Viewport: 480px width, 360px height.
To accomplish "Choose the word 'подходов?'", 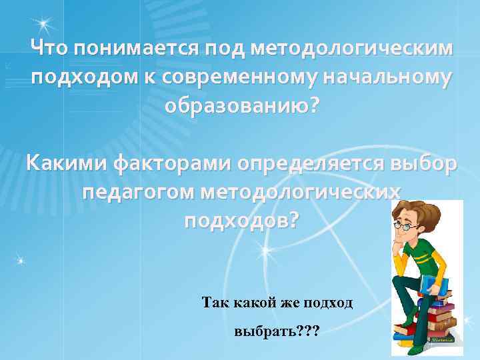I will tap(241, 220).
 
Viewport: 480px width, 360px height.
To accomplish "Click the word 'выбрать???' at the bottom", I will tap(277, 331).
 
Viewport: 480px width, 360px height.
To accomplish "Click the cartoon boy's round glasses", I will tap(405, 226).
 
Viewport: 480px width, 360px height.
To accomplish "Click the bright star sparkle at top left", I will tap(43, 25).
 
